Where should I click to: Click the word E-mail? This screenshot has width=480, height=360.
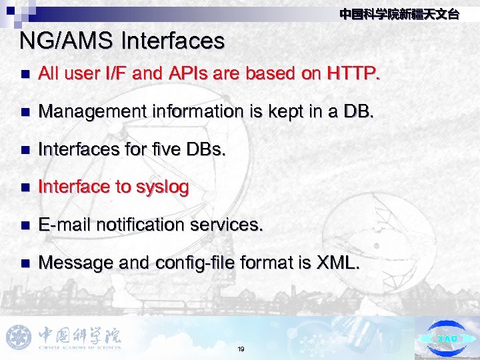click(65, 225)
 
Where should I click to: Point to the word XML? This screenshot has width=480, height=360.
click(337, 263)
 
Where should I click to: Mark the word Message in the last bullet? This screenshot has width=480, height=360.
click(76, 263)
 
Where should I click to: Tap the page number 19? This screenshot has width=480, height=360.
click(240, 349)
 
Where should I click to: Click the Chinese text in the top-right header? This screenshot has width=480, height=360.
click(399, 14)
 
